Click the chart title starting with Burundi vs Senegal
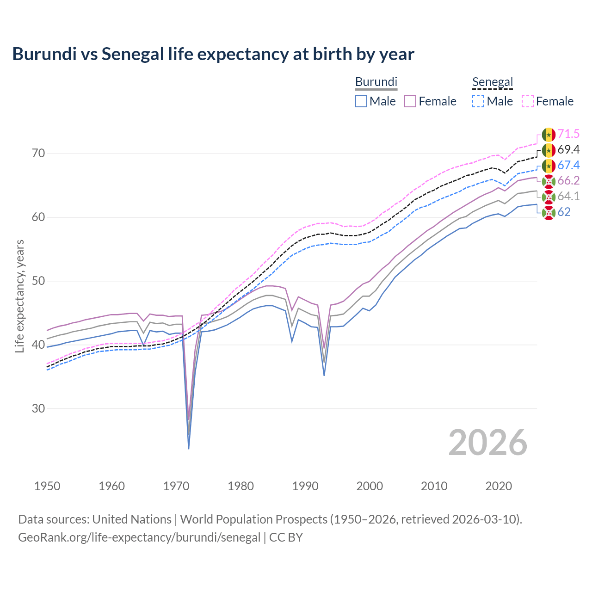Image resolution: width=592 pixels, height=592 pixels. [213, 54]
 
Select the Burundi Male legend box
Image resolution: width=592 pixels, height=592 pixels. [361, 101]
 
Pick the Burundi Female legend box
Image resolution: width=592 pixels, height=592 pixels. [410, 101]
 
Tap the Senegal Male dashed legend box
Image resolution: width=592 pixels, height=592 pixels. [478, 101]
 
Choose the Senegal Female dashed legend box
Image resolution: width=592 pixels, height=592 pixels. [528, 101]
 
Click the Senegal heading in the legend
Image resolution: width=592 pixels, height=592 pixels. [493, 82]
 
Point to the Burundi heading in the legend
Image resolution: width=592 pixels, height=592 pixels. [376, 82]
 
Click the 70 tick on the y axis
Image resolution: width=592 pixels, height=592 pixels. [38, 153]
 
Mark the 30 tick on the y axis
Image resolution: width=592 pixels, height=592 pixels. [38, 408]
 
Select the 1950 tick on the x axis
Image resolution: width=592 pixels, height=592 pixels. [47, 486]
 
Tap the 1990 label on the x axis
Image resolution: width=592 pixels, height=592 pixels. [305, 486]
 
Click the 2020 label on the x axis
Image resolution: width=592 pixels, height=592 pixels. [499, 486]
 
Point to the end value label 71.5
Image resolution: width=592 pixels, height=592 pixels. [568, 134]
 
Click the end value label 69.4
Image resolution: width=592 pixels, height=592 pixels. [568, 150]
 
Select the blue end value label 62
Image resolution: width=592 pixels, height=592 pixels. [564, 212]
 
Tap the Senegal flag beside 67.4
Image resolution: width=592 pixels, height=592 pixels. [549, 166]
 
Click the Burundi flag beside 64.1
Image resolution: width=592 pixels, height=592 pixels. [549, 197]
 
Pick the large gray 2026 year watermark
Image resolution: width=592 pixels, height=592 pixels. [488, 443]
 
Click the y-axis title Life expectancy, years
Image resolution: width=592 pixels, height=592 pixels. [19, 296]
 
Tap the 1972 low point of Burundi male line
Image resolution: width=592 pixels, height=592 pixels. [189, 448]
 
